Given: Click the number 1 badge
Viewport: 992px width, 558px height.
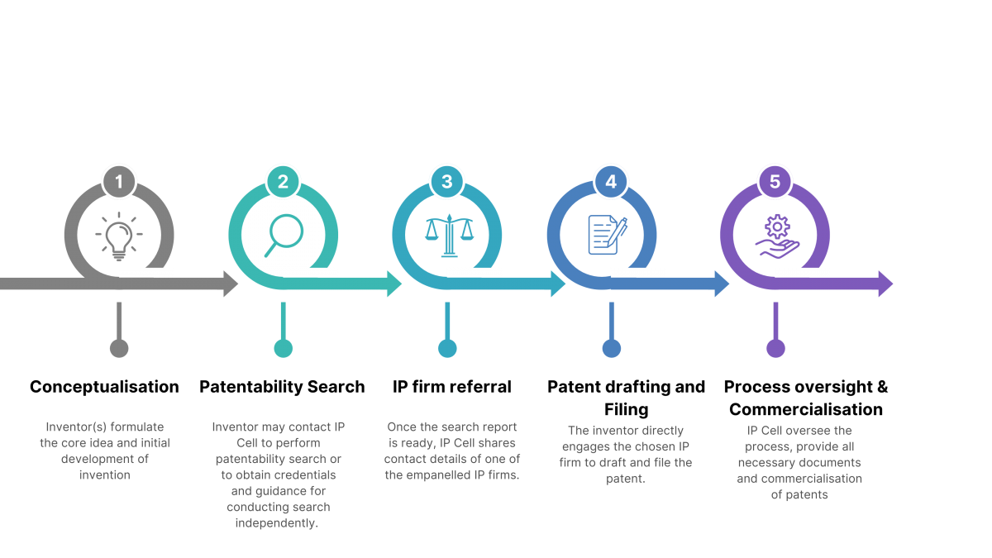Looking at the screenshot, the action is tap(119, 182).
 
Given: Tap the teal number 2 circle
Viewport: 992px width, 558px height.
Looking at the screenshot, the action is tap(283, 182).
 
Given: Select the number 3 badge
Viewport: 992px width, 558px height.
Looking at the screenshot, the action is tap(447, 182).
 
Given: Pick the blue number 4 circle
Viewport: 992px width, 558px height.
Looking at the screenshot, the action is tap(611, 182).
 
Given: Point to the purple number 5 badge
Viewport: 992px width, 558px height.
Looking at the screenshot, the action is tap(775, 182).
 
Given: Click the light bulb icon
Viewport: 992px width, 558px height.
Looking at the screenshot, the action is tap(119, 236).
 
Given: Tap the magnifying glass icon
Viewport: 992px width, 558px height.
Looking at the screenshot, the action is tap(284, 235).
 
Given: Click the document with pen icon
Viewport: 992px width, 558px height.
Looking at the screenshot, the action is tap(608, 235).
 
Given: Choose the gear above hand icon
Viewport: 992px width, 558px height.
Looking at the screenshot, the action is tap(777, 236).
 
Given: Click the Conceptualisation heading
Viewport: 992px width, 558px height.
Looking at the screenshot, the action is tap(104, 387).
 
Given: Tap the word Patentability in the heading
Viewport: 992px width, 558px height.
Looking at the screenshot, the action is tap(250, 387).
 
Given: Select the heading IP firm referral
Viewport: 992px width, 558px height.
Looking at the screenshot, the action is tap(451, 387).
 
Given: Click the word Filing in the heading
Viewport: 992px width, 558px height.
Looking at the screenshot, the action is tap(627, 410).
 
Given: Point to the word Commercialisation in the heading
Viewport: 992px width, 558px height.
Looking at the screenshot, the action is tap(806, 409).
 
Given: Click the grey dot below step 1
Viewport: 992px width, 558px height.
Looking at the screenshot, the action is tap(119, 348).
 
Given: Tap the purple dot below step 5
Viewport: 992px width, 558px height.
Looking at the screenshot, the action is tap(775, 348).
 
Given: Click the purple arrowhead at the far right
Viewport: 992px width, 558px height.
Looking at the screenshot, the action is tap(885, 284).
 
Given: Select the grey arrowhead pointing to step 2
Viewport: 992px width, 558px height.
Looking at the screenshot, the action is tap(231, 284).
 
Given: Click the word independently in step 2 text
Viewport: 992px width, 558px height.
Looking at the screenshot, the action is tap(277, 523).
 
